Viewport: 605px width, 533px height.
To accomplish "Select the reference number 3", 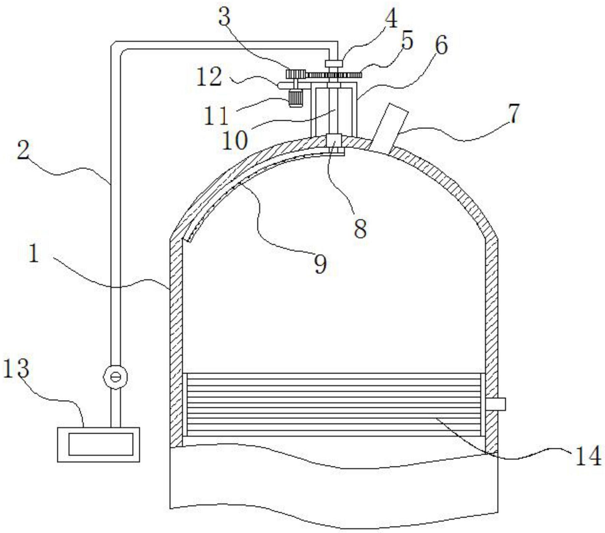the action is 224,16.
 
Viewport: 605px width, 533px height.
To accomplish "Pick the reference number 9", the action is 320,264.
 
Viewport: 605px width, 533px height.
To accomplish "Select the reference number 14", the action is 588,456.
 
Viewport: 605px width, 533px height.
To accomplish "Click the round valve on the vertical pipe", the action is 115,376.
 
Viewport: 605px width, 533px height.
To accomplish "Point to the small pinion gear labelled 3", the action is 297,74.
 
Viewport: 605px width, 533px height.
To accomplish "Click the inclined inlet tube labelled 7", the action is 390,129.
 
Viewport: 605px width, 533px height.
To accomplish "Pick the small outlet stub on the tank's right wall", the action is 496,404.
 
